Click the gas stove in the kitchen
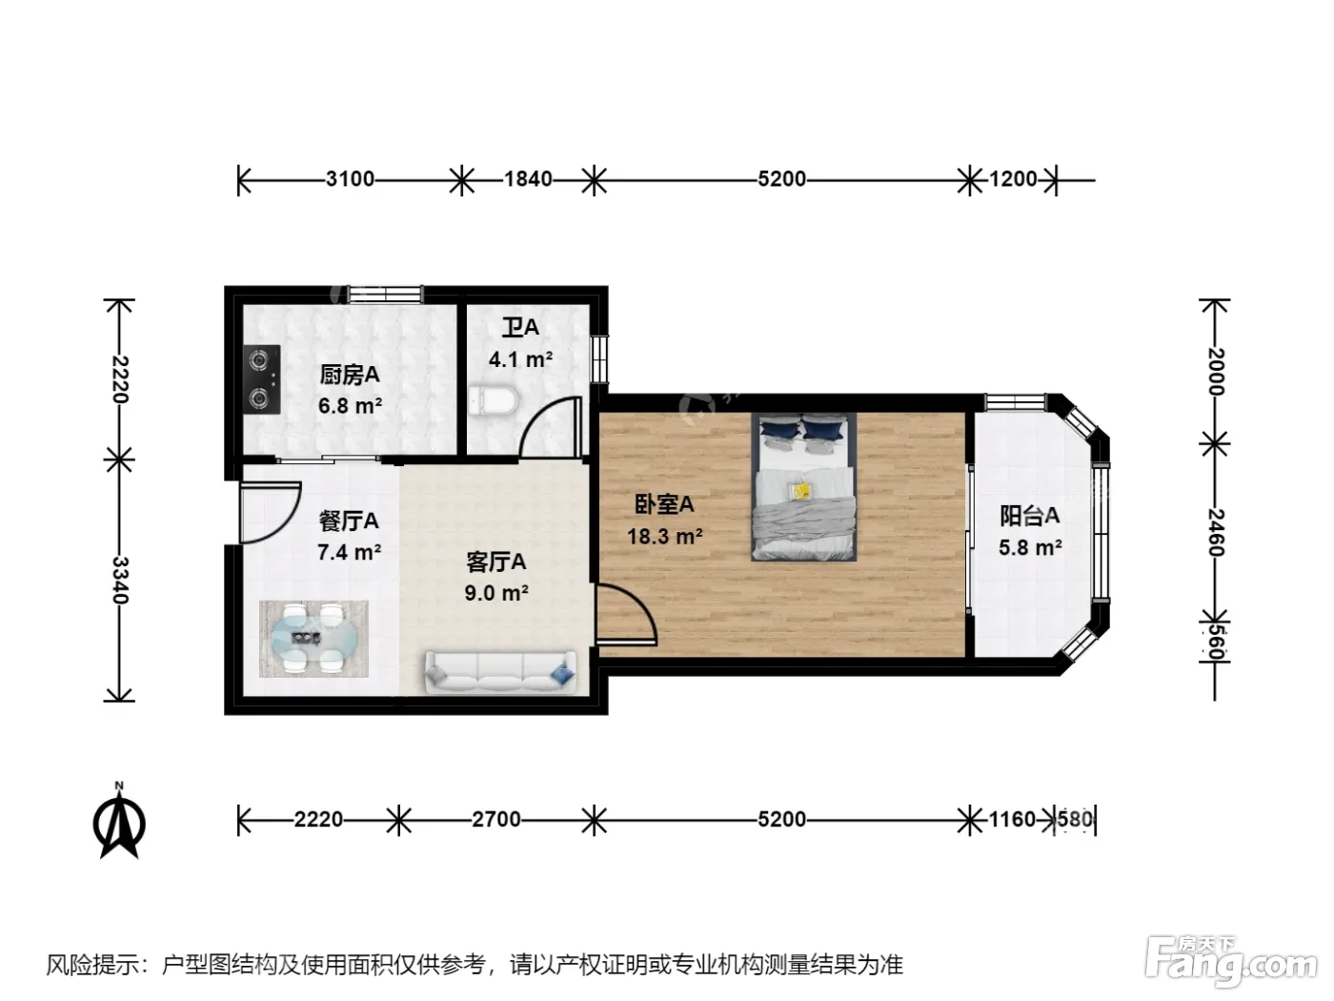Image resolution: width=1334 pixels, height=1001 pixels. pyautogui.click(x=262, y=379)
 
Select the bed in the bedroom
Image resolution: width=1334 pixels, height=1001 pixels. pyautogui.click(x=803, y=487)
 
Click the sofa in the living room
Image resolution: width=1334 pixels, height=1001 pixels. pyautogui.click(x=500, y=671)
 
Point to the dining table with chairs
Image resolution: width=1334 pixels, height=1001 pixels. pyautogui.click(x=313, y=639)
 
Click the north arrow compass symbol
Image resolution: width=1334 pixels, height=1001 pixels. pyautogui.click(x=119, y=821)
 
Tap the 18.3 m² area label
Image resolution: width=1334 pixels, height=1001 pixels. pyautogui.click(x=665, y=536)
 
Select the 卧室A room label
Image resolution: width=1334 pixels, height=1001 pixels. pyautogui.click(x=664, y=504)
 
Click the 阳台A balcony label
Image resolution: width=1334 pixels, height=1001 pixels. pyautogui.click(x=1030, y=516)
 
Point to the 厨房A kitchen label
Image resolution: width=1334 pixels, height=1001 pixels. pyautogui.click(x=350, y=375)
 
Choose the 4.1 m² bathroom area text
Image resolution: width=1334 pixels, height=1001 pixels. pyautogui.click(x=521, y=359)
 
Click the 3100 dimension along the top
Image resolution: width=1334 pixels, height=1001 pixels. pyautogui.click(x=350, y=178)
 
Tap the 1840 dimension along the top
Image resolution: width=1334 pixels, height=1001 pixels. pyautogui.click(x=528, y=178)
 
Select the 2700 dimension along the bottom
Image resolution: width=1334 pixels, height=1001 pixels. pyautogui.click(x=496, y=819)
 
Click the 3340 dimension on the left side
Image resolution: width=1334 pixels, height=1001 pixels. pyautogui.click(x=120, y=581)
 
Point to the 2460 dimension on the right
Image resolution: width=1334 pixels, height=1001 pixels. pyautogui.click(x=1215, y=532)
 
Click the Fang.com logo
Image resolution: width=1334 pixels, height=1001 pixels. pyautogui.click(x=1231, y=964)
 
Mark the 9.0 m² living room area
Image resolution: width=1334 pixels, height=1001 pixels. pyautogui.click(x=496, y=592)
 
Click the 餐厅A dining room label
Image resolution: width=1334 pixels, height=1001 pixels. pyautogui.click(x=350, y=521)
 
